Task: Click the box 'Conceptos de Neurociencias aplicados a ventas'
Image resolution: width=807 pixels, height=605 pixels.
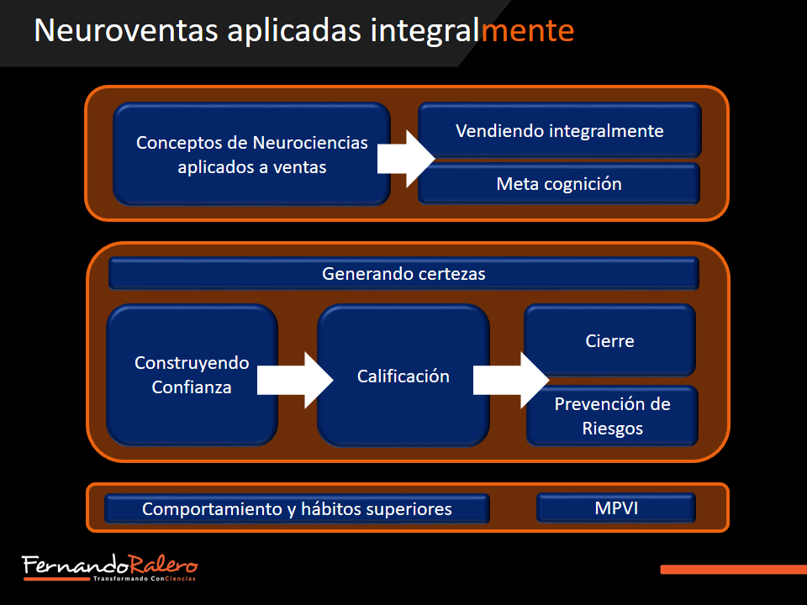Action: tap(251, 155)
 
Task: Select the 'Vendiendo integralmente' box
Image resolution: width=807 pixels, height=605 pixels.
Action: tap(560, 130)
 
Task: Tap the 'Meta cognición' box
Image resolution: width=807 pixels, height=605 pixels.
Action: tap(559, 184)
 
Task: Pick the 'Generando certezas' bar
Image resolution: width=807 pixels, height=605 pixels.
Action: tap(403, 273)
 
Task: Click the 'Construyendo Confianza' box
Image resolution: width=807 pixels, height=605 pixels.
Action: tap(192, 375)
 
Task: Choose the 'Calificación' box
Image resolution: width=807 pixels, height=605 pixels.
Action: tap(403, 376)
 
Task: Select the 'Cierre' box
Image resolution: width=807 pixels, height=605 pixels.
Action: tap(610, 340)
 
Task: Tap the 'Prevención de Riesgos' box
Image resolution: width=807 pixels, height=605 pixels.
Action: tap(613, 416)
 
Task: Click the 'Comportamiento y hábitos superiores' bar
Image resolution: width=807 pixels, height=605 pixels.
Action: tap(297, 509)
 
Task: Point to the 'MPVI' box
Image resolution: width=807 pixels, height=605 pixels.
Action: tap(616, 508)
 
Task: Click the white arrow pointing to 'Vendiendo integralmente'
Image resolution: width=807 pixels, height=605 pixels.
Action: tap(406, 159)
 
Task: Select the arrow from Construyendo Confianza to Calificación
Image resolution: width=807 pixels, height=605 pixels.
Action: tap(295, 380)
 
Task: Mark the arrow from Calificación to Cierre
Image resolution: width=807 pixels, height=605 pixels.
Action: tap(511, 380)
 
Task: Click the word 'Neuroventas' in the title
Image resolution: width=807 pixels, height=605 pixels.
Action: tap(126, 30)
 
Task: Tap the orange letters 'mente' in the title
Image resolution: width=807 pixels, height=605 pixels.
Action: tap(528, 31)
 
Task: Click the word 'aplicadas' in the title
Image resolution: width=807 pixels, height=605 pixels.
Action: tap(294, 31)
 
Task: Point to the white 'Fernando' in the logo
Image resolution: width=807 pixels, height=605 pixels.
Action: tap(75, 565)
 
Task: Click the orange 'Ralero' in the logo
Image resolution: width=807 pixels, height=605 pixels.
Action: tap(163, 565)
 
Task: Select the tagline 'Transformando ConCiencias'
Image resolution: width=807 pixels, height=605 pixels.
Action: tap(144, 579)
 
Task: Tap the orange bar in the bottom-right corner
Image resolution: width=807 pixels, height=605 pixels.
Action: tap(734, 570)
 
